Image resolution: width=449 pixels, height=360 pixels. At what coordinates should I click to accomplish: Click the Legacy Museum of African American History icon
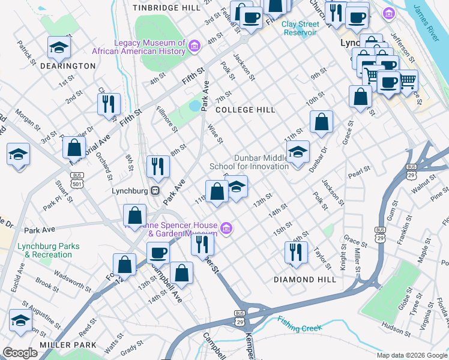[x=194, y=46]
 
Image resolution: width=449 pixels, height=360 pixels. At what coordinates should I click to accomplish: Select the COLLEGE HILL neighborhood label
[x=245, y=110]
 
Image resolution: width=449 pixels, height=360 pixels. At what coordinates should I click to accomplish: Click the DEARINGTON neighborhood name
[x=68, y=65]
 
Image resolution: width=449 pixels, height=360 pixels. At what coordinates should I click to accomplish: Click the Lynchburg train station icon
[x=155, y=190]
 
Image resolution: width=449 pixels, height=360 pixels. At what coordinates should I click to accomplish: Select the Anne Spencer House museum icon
[x=226, y=228]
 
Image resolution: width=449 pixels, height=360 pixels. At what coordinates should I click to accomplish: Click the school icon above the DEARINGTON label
[x=59, y=47]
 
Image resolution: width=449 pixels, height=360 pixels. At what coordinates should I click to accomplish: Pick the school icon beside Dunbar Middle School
[x=297, y=153]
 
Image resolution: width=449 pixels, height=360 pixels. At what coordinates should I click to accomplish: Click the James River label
[x=429, y=20]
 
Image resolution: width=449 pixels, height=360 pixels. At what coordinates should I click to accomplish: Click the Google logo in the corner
[x=20, y=353]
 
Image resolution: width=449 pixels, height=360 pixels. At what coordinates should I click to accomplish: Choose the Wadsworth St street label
[x=72, y=282]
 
